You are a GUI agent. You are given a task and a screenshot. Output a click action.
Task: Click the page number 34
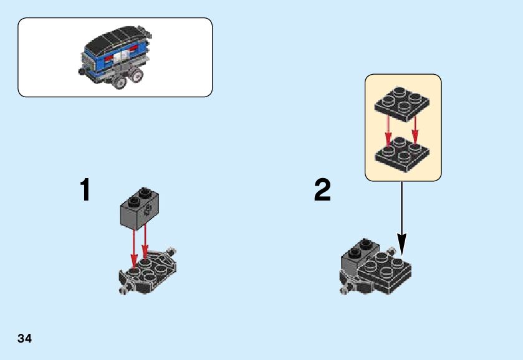[25, 339]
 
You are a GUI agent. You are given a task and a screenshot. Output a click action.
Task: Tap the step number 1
[85, 191]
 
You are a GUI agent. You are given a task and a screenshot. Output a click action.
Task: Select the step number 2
[322, 191]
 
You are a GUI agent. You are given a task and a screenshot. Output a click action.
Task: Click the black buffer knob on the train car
[81, 72]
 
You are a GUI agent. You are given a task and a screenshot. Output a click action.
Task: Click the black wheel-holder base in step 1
[150, 271]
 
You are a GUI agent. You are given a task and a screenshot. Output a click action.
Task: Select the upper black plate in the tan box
[402, 103]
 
